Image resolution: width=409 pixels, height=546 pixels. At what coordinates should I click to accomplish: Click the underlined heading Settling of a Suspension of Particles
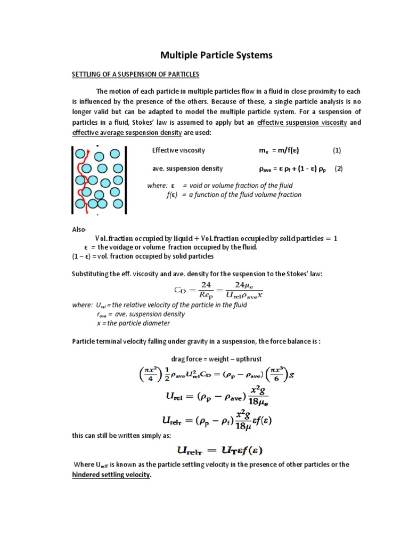pos(135,74)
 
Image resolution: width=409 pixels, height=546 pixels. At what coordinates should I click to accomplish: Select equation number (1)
pos(337,151)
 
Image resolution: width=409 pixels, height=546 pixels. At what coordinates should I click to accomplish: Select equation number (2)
pos(339,168)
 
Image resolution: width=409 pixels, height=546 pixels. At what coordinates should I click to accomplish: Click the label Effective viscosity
pos(178,151)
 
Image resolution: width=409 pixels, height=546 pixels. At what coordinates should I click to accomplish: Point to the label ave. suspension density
pos(187,168)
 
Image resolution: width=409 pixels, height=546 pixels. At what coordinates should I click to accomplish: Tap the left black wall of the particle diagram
pos(73,179)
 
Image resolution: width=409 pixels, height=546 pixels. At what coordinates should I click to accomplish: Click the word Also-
pos(79,229)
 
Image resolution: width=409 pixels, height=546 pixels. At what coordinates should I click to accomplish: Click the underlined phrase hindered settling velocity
pos(112,475)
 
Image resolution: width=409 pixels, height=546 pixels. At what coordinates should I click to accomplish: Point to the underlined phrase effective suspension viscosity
pos(302,123)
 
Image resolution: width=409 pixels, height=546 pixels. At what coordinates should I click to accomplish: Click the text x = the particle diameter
pos(134,323)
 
